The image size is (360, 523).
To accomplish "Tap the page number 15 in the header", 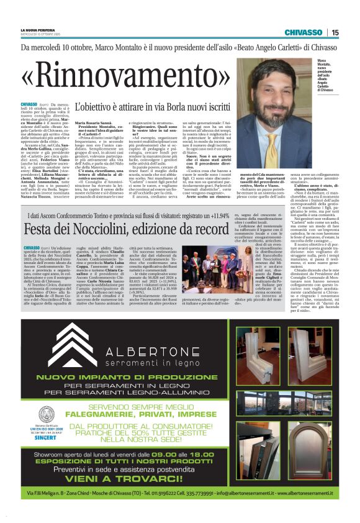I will [x=335, y=32].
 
